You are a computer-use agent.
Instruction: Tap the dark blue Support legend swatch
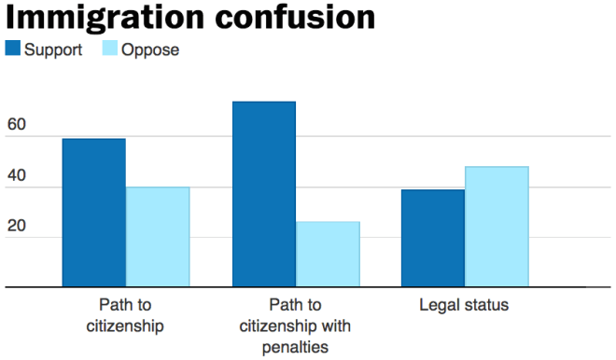(13, 49)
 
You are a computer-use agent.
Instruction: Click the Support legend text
(54, 49)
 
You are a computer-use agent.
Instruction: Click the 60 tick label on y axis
(17, 125)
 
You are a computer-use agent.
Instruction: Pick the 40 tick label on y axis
(17, 175)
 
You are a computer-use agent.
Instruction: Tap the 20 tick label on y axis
(17, 226)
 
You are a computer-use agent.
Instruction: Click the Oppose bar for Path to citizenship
(158, 237)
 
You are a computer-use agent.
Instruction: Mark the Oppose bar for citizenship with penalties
(328, 255)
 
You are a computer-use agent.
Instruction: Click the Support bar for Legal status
(433, 238)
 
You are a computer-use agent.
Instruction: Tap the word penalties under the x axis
(296, 347)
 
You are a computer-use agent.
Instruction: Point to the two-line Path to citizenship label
(125, 315)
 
